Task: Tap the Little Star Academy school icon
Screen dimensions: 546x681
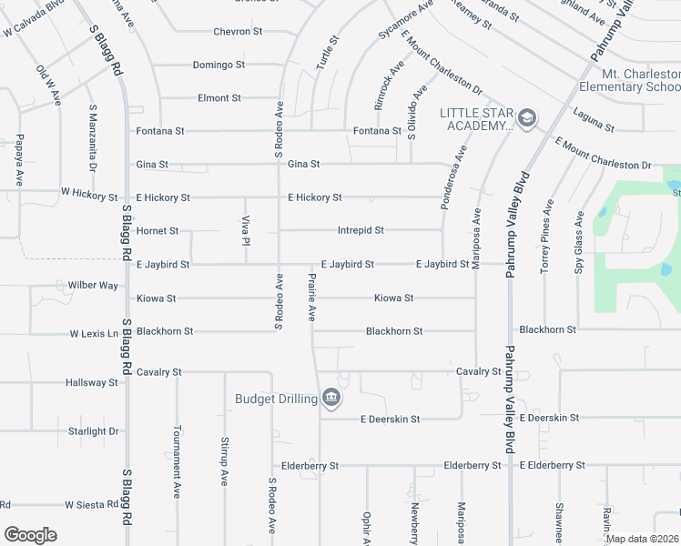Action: (x=526, y=117)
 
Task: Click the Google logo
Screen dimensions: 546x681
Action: (x=30, y=535)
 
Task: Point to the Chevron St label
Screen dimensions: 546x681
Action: (x=238, y=31)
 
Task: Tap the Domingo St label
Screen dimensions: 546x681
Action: (x=219, y=65)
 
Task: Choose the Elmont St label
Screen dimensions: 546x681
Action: (x=219, y=97)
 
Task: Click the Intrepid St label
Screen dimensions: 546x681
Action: (x=361, y=231)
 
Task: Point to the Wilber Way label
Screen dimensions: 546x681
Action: (x=93, y=286)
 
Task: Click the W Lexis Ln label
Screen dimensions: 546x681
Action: (x=95, y=334)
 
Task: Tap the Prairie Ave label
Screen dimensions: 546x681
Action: (x=311, y=298)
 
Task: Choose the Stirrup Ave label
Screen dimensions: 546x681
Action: (x=224, y=460)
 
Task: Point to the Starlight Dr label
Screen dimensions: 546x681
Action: (x=94, y=431)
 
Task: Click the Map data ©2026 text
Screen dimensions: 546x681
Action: (x=641, y=539)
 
